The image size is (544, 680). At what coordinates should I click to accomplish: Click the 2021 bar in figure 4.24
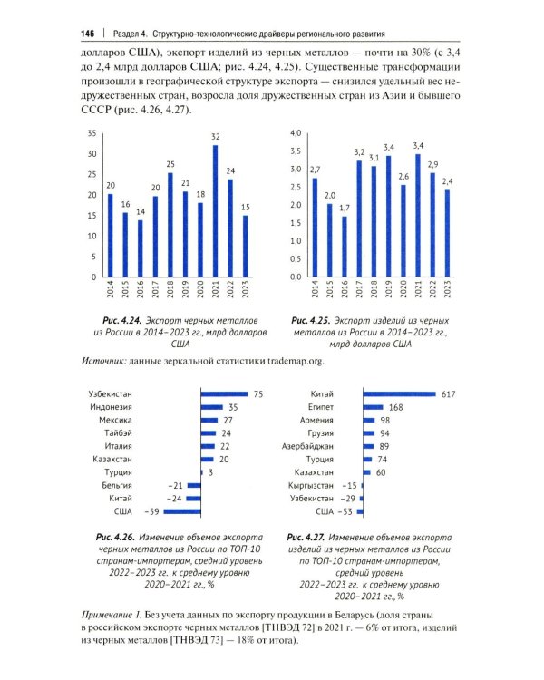pos(215,211)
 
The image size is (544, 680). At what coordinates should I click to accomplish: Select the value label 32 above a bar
pos(216,137)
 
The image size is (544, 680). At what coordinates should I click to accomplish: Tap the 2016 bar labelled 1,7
pos(345,247)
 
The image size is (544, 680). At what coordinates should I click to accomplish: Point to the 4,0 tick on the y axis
pos(296,133)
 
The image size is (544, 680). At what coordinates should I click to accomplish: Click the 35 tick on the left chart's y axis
pos(92,133)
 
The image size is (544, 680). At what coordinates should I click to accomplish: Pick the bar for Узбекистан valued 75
pos(224,394)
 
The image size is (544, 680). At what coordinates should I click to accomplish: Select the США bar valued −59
pos(182,511)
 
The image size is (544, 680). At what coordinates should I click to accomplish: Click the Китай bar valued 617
pos(400,394)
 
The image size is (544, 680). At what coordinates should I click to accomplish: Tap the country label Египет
pos(321,407)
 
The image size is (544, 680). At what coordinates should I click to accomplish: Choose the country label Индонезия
pos(111,407)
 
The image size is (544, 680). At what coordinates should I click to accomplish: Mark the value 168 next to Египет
pos(395,407)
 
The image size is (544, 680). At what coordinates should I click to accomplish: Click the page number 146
pos(87,34)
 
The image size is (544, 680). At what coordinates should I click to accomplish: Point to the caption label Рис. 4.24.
pos(122,321)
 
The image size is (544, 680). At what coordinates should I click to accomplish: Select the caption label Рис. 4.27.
pos(306,538)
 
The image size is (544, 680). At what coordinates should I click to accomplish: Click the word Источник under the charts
pos(103,361)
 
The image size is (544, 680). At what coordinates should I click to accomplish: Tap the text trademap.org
pos(296,361)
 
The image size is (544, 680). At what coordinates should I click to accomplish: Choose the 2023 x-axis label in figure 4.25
pos(447,289)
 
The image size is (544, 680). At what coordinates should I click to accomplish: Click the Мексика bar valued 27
pos(209,420)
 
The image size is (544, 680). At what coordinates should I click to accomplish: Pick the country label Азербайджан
pos(307,446)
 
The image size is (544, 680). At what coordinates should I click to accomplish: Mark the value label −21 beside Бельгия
pos(176,486)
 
